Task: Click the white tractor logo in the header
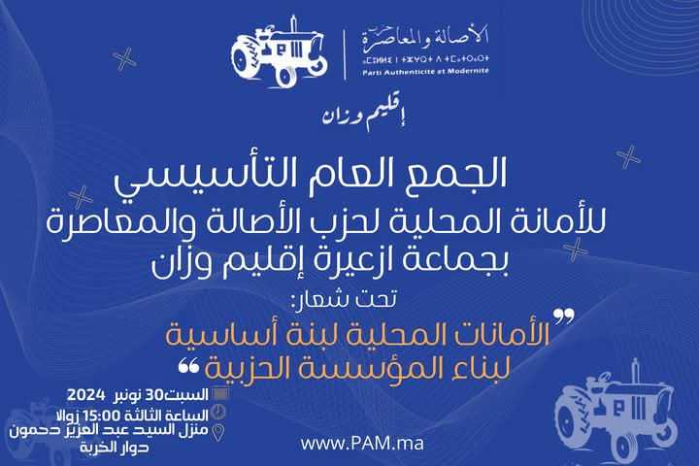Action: click(x=280, y=52)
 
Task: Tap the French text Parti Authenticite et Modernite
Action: click(x=426, y=71)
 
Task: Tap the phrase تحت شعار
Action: click(x=344, y=299)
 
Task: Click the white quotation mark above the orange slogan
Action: click(x=564, y=317)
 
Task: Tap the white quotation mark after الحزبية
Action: click(x=188, y=367)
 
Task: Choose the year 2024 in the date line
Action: click(x=86, y=394)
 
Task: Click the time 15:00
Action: click(x=102, y=416)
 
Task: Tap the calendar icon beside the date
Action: click(x=220, y=393)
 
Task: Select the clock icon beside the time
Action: click(x=218, y=412)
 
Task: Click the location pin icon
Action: click(x=218, y=432)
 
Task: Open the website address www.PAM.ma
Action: click(x=362, y=444)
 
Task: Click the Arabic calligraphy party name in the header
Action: click(x=426, y=37)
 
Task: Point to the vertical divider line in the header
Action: click(x=345, y=54)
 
